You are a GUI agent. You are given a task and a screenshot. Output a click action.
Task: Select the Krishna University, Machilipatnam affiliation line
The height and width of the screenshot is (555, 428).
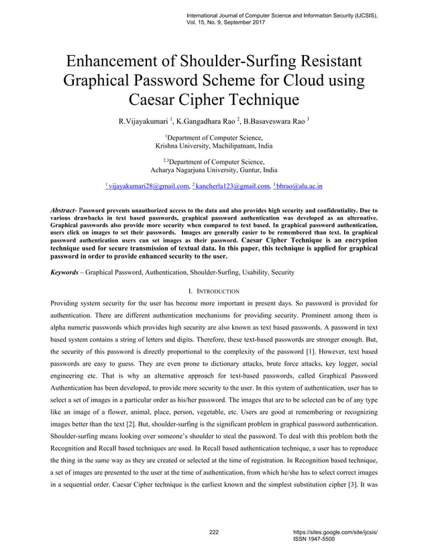[x=213, y=146]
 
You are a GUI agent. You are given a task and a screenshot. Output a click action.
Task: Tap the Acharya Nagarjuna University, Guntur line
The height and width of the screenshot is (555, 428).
[x=213, y=170]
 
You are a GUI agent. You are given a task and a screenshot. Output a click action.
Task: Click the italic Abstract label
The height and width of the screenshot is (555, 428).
[x=64, y=210]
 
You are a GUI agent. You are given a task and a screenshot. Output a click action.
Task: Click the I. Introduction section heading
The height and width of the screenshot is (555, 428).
[x=214, y=291]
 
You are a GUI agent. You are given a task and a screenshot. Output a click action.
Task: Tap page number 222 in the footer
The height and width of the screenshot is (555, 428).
[x=214, y=532]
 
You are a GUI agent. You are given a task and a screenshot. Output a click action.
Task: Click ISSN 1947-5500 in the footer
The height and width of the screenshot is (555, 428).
[x=315, y=539]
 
